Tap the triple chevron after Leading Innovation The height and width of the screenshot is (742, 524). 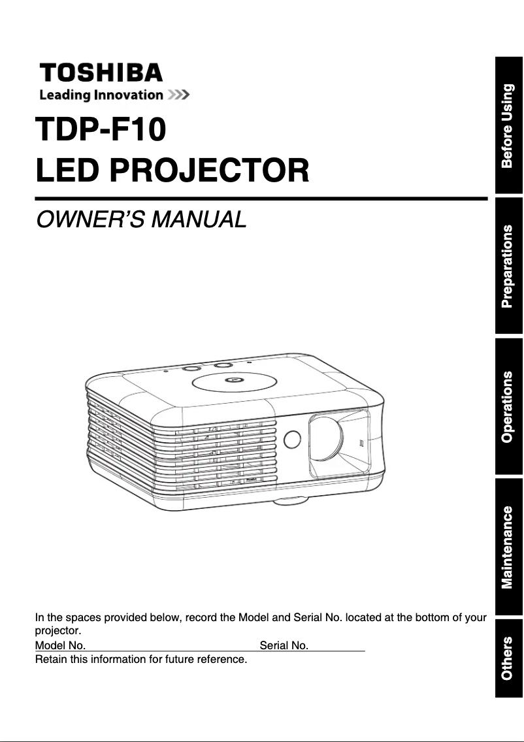[x=178, y=95]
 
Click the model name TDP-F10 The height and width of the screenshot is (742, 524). [x=101, y=129]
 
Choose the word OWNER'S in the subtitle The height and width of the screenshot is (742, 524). [x=90, y=219]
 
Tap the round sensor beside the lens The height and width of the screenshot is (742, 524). [x=292, y=438]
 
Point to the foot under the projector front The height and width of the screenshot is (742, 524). [x=291, y=502]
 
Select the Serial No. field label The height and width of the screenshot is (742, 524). [x=284, y=646]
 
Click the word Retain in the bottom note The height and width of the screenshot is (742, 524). [x=49, y=659]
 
